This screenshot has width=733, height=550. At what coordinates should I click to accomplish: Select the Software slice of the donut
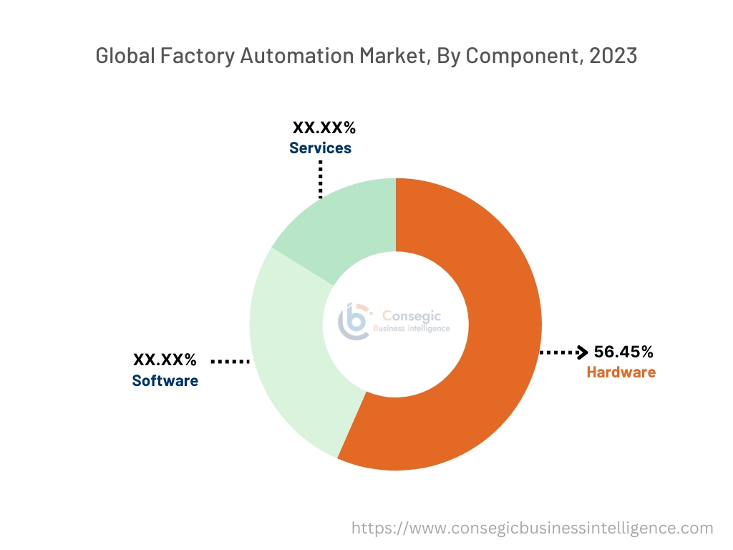click(x=286, y=358)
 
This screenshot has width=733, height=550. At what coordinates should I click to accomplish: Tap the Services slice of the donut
click(x=344, y=222)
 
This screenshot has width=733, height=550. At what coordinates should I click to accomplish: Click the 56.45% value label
click(x=623, y=352)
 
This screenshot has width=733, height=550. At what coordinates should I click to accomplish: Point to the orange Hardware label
click(x=621, y=372)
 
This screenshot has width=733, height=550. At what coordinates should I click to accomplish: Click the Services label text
click(x=320, y=148)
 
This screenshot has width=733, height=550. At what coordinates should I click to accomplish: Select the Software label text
click(x=165, y=380)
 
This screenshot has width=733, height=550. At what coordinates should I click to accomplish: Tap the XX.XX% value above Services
click(x=324, y=128)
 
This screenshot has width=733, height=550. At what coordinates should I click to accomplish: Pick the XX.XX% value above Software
click(x=165, y=360)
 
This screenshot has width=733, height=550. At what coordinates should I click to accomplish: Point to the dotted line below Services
click(x=321, y=178)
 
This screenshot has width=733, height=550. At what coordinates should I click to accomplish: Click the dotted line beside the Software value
click(x=229, y=362)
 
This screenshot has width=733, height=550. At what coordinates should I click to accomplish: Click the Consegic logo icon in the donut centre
click(x=355, y=321)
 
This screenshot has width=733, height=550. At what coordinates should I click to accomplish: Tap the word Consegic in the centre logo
click(x=412, y=315)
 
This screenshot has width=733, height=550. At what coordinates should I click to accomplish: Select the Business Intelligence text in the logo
click(x=412, y=329)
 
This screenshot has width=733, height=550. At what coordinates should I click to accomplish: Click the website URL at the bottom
click(x=533, y=529)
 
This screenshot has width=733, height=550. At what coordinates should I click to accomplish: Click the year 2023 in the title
click(x=613, y=56)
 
